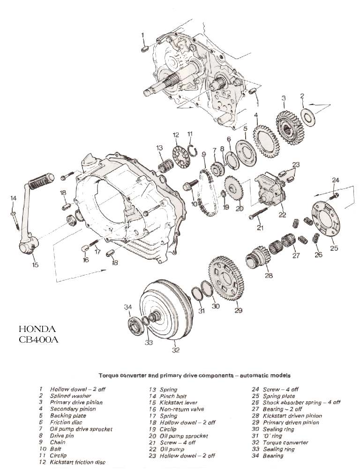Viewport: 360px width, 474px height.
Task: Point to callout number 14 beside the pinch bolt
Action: (x=13, y=198)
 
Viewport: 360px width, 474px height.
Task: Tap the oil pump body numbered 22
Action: (x=271, y=191)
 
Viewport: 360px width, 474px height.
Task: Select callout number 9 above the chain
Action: (x=204, y=154)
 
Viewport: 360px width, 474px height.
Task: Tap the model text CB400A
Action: (x=39, y=339)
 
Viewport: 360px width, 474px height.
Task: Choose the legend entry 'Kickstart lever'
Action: (x=179, y=402)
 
